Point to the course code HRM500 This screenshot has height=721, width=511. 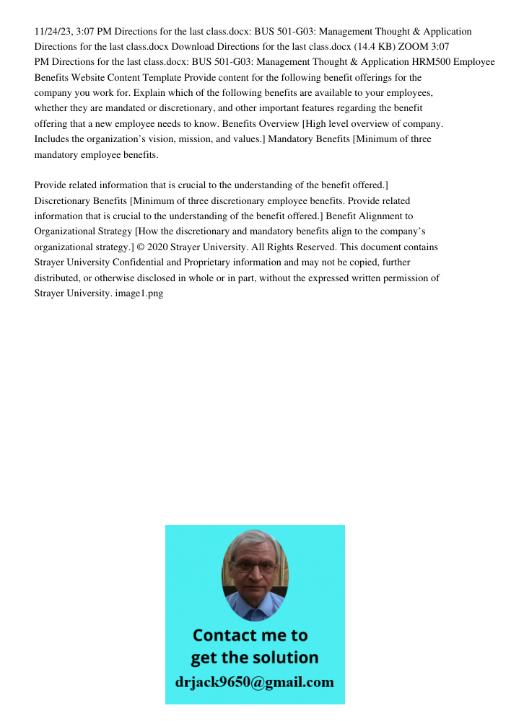pyautogui.click(x=431, y=62)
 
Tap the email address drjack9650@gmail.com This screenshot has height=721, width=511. pyautogui.click(x=254, y=682)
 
